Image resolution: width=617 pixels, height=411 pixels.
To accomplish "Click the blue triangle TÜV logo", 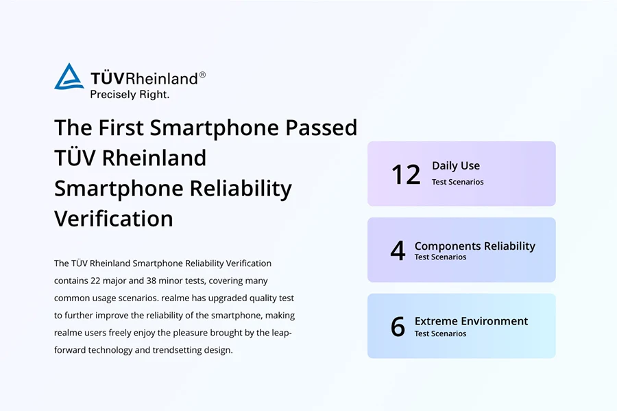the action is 69,76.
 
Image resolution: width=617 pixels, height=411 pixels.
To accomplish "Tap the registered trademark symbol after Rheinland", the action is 202,75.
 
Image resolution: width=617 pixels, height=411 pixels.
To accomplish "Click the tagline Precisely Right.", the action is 130,95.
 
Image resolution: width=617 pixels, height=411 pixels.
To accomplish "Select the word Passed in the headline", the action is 321,128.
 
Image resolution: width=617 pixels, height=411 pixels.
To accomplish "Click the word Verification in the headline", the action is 114,218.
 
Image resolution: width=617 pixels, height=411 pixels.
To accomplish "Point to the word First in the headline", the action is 121,128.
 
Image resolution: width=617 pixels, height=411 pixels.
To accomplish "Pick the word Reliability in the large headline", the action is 241,189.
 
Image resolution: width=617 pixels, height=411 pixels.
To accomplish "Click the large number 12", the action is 406,174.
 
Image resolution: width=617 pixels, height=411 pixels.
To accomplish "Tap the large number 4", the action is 398,250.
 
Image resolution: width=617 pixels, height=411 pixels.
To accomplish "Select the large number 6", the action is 398,327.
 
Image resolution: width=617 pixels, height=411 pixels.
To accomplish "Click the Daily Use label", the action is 456,166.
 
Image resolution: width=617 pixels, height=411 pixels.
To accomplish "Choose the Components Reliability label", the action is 475,246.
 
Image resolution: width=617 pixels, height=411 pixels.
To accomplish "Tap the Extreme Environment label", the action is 471,321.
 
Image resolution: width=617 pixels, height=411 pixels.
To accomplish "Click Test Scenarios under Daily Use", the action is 458,182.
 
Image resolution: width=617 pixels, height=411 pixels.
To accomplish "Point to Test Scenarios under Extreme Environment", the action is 440,333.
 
